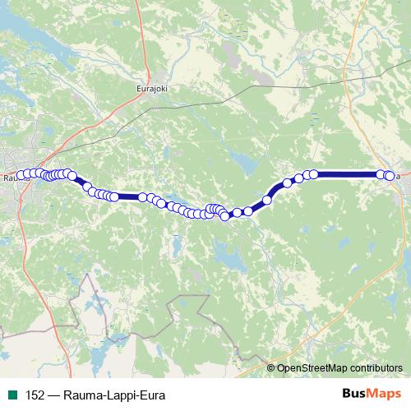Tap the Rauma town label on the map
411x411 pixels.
click(11, 176)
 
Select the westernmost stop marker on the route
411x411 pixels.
click(21, 174)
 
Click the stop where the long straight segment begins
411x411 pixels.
click(313, 173)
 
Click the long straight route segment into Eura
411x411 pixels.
click(349, 174)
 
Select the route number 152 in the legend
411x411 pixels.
click(35, 395)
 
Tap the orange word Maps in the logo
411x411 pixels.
click(376, 394)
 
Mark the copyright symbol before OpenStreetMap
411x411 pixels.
click(271, 367)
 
